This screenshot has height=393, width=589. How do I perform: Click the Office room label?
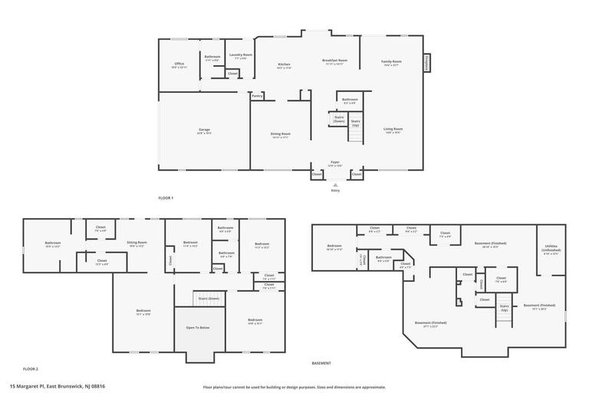(179, 64)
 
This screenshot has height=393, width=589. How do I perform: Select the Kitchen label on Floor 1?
(284, 65)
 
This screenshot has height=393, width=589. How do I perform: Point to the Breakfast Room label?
(335, 61)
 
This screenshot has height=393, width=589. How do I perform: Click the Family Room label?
(391, 63)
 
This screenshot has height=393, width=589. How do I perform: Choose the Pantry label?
(257, 96)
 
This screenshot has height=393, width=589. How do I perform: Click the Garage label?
(204, 130)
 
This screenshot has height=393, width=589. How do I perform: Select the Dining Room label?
(280, 135)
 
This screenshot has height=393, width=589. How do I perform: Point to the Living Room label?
(393, 130)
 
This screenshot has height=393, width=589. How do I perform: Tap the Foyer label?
(335, 163)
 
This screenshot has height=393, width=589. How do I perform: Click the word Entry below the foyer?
(335, 190)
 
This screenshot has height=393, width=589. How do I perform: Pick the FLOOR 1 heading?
(166, 198)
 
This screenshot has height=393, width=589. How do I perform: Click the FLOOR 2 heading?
(31, 369)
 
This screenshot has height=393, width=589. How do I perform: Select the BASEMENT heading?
(321, 363)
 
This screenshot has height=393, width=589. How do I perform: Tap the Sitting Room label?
(137, 243)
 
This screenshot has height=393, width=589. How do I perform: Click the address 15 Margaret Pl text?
(57, 386)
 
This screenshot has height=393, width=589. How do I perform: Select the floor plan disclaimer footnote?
(294, 387)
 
